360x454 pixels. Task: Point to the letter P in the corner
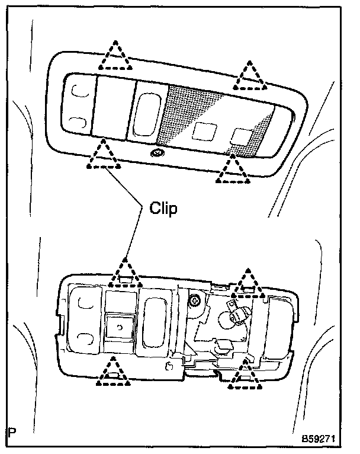click(x=12, y=440)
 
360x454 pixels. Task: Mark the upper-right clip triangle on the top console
click(x=247, y=75)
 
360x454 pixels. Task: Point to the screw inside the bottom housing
click(x=194, y=302)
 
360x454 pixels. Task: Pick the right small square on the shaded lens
click(x=240, y=136)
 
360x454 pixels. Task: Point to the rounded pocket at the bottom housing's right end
click(x=282, y=325)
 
